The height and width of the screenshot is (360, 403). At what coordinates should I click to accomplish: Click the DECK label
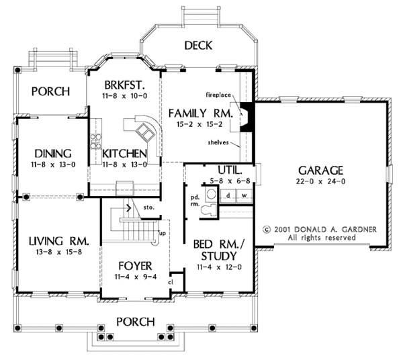pos(198,46)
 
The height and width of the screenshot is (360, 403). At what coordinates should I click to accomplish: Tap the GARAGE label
pos(320,171)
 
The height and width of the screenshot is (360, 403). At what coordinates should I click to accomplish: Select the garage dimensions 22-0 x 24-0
pos(320,181)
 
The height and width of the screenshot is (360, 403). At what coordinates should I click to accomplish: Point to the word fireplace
pos(218,95)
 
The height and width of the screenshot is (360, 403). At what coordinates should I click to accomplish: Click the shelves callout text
pos(218,142)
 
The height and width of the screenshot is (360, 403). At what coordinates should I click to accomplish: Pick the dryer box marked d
pos(228,195)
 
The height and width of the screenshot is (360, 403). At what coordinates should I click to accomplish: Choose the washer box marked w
pos(244,195)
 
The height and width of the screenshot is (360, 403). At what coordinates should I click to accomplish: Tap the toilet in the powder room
pos(209,210)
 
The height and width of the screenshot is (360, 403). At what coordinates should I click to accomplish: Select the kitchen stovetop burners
pos(95,141)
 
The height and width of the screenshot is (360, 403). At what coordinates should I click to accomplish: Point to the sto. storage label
pos(149,207)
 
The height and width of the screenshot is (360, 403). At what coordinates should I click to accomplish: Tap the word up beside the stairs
pos(163,234)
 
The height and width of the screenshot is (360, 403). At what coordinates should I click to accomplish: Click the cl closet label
pos(171,282)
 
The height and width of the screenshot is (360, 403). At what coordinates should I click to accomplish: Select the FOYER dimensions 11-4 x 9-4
pos(136,277)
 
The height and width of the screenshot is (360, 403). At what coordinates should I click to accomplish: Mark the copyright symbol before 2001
pos(267,229)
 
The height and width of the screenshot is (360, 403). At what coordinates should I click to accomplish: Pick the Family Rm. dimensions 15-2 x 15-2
pos(199,124)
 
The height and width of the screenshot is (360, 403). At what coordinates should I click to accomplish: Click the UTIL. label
pos(230,170)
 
